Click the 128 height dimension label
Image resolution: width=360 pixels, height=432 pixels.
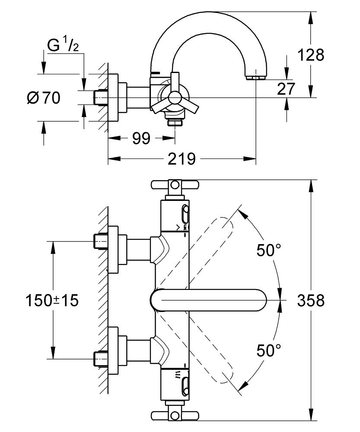click(311, 55)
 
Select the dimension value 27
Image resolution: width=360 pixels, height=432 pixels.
click(286, 89)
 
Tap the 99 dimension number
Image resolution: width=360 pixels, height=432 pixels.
click(141, 138)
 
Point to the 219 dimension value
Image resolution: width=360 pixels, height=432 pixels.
click(182, 159)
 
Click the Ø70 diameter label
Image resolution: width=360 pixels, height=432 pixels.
click(44, 98)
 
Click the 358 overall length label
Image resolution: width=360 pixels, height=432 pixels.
click(311, 300)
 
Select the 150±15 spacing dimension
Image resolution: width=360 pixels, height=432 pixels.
click(52, 300)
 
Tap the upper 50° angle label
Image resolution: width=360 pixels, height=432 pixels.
click(269, 251)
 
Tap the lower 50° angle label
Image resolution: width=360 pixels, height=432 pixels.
click(269, 350)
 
